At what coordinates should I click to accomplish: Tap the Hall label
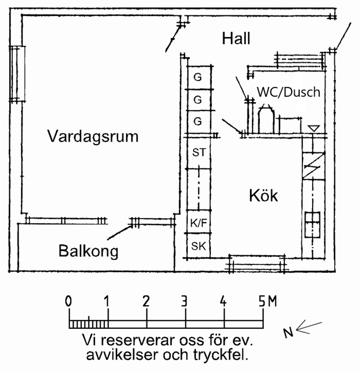(236, 38)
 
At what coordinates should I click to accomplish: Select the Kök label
(263, 196)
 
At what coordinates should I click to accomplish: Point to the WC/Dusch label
(288, 92)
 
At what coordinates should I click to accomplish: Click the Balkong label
(88, 251)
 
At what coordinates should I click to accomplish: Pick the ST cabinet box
(199, 152)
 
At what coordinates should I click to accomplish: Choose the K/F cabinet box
(199, 223)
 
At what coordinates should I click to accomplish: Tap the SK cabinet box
(199, 246)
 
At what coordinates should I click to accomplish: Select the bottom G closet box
(197, 122)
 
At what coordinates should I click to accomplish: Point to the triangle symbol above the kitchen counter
(313, 129)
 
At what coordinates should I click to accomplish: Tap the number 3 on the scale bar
(185, 302)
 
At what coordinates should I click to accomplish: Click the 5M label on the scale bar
(267, 302)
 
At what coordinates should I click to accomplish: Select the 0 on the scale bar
(69, 302)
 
